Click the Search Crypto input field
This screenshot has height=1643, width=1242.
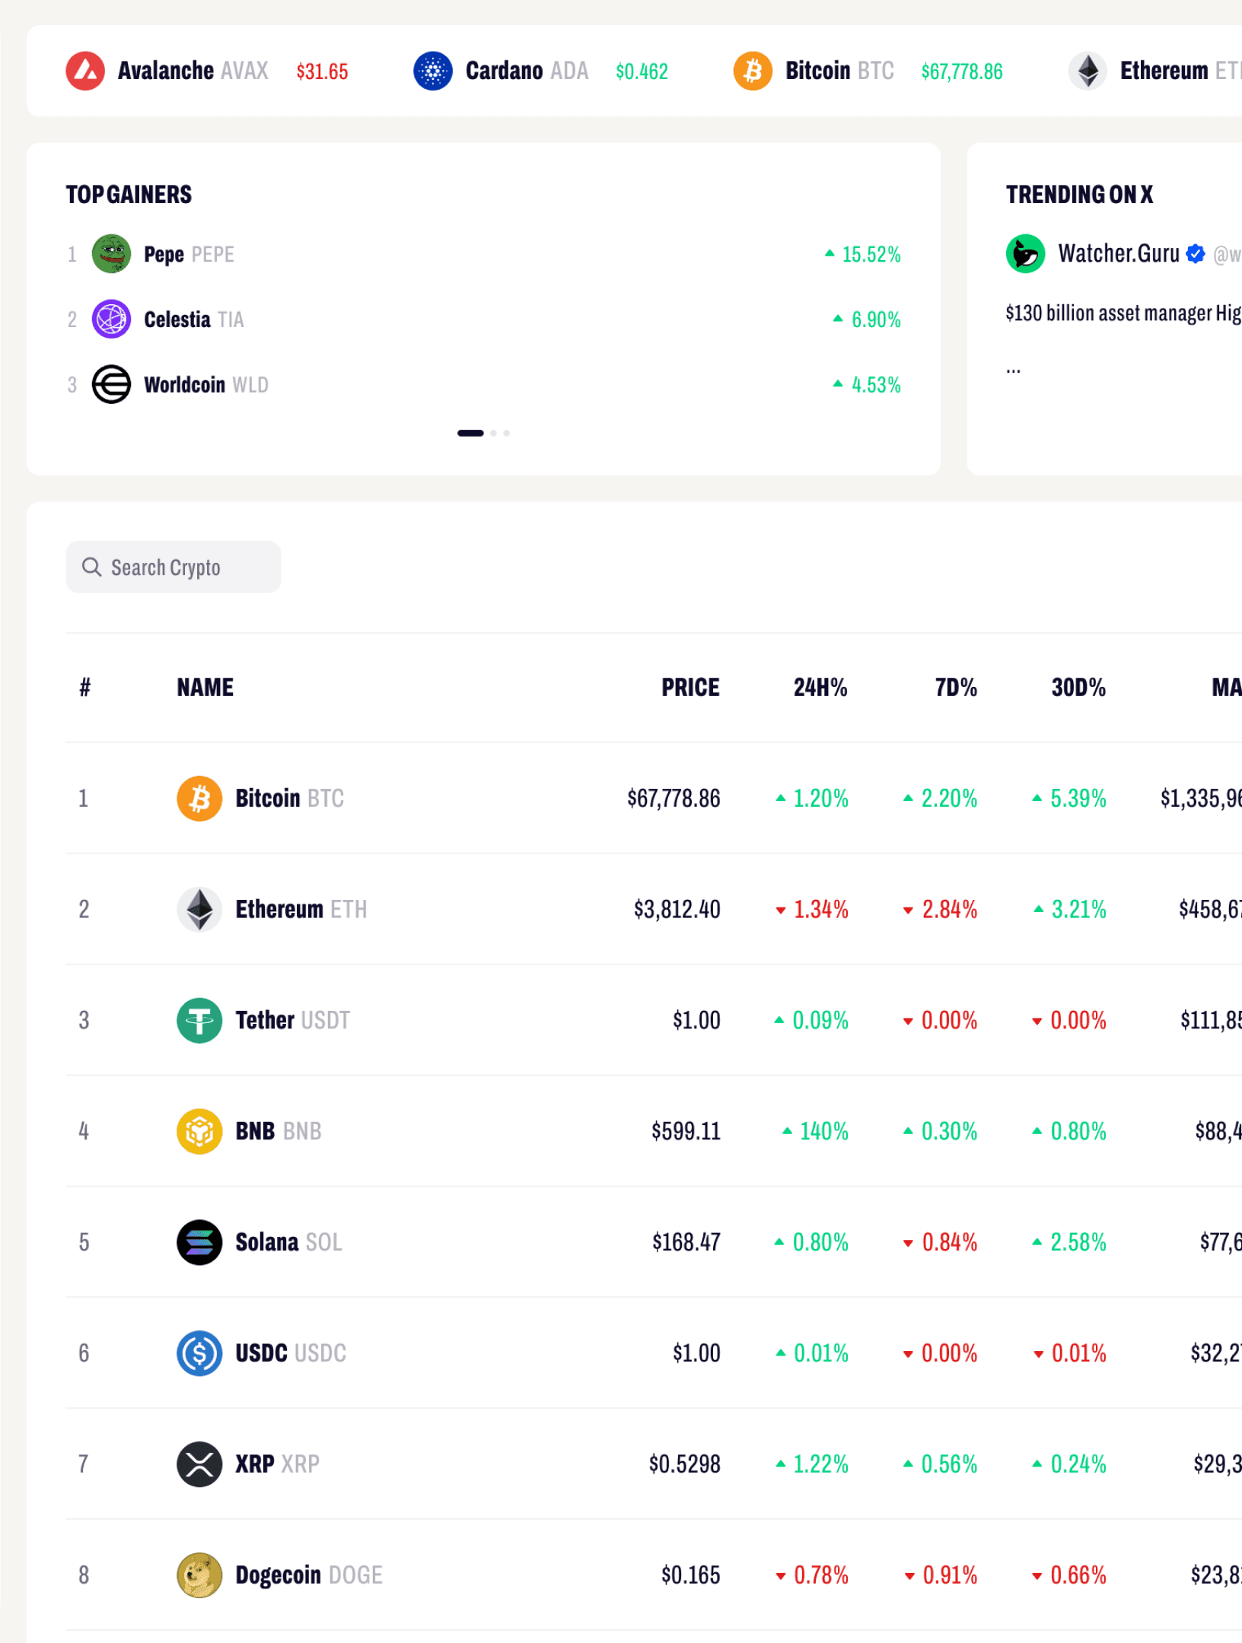[173, 567]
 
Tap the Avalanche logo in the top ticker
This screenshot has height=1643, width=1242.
[85, 72]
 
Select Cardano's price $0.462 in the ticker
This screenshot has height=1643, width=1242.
[642, 72]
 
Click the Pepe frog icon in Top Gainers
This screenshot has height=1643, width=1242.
[111, 254]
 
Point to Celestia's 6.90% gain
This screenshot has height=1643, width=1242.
[874, 319]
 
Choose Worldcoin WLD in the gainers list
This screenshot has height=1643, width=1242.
[205, 385]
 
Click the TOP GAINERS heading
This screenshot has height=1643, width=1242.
[129, 195]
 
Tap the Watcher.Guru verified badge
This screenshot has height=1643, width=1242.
[1196, 254]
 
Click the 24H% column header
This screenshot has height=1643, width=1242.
[820, 688]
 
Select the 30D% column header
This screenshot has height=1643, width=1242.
[1078, 688]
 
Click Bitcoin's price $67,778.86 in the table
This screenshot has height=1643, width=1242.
[673, 799]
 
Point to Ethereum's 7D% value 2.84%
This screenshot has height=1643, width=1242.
[948, 910]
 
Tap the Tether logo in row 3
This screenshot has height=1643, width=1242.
[199, 1021]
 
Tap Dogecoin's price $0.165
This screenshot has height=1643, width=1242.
[690, 1575]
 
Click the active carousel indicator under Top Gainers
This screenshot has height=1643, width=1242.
[470, 434]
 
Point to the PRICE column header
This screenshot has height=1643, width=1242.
[689, 688]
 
